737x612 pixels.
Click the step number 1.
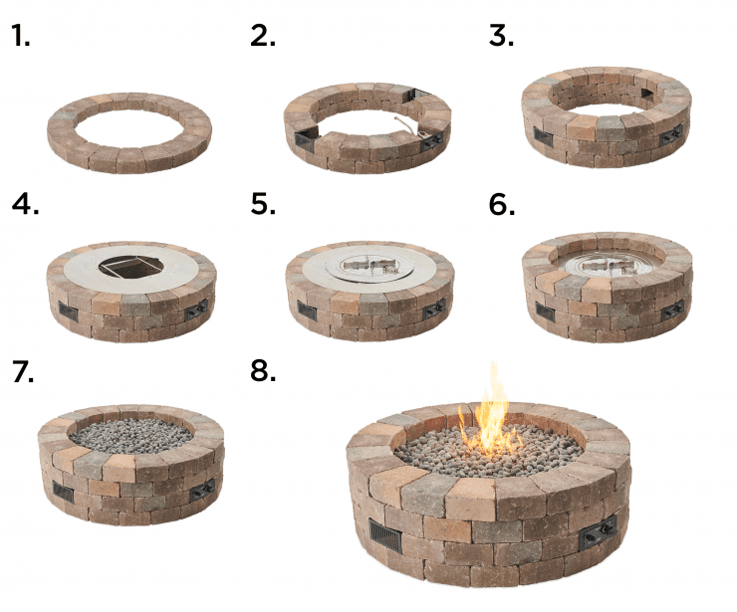point(20,37)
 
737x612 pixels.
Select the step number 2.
point(263,37)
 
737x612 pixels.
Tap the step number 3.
point(501,37)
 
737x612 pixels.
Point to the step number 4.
point(23,204)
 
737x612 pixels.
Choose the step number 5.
point(263,204)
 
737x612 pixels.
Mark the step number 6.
point(502,204)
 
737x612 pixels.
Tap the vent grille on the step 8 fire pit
point(385,540)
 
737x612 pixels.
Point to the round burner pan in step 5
point(369,266)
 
